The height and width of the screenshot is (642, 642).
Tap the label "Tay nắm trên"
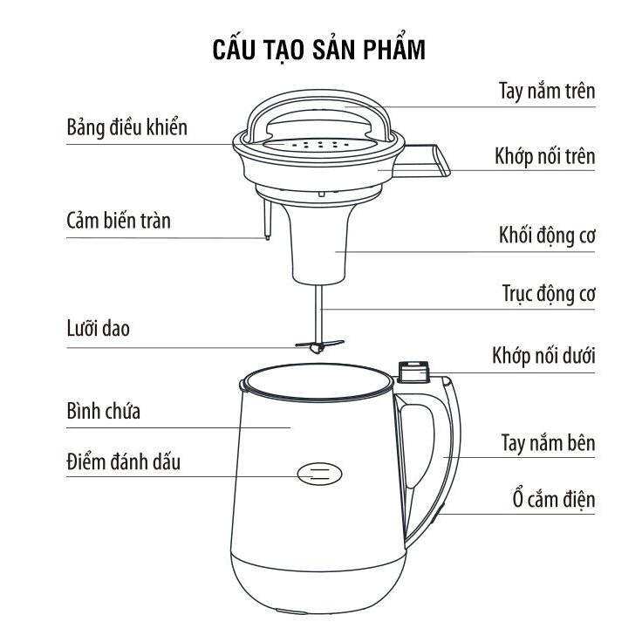coord(547,91)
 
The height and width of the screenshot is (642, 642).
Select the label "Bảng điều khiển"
coord(127,127)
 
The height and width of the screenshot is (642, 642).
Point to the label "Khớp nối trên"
coord(544,156)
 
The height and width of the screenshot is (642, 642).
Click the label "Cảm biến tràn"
coord(119,221)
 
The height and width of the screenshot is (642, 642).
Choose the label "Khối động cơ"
coord(547,236)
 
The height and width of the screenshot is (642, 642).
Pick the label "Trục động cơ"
coord(549,294)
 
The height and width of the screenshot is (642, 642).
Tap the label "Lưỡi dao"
coord(99,328)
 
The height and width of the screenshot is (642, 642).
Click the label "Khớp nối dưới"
coord(543,355)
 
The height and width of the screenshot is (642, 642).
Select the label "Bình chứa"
coord(104,411)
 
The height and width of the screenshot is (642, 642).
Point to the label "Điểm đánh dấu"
coord(123,461)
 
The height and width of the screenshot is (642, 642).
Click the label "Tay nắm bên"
coord(548,442)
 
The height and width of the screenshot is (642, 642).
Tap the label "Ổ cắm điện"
coord(554,499)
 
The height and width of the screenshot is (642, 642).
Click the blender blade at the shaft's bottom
coord(319,346)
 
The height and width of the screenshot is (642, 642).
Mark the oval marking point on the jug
coord(319,474)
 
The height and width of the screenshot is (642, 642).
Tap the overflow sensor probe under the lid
coord(268,219)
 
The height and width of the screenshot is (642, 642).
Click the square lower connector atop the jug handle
coord(413,372)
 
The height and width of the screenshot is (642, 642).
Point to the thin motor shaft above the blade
coord(319,313)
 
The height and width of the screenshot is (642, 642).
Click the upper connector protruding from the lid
coord(421,160)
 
